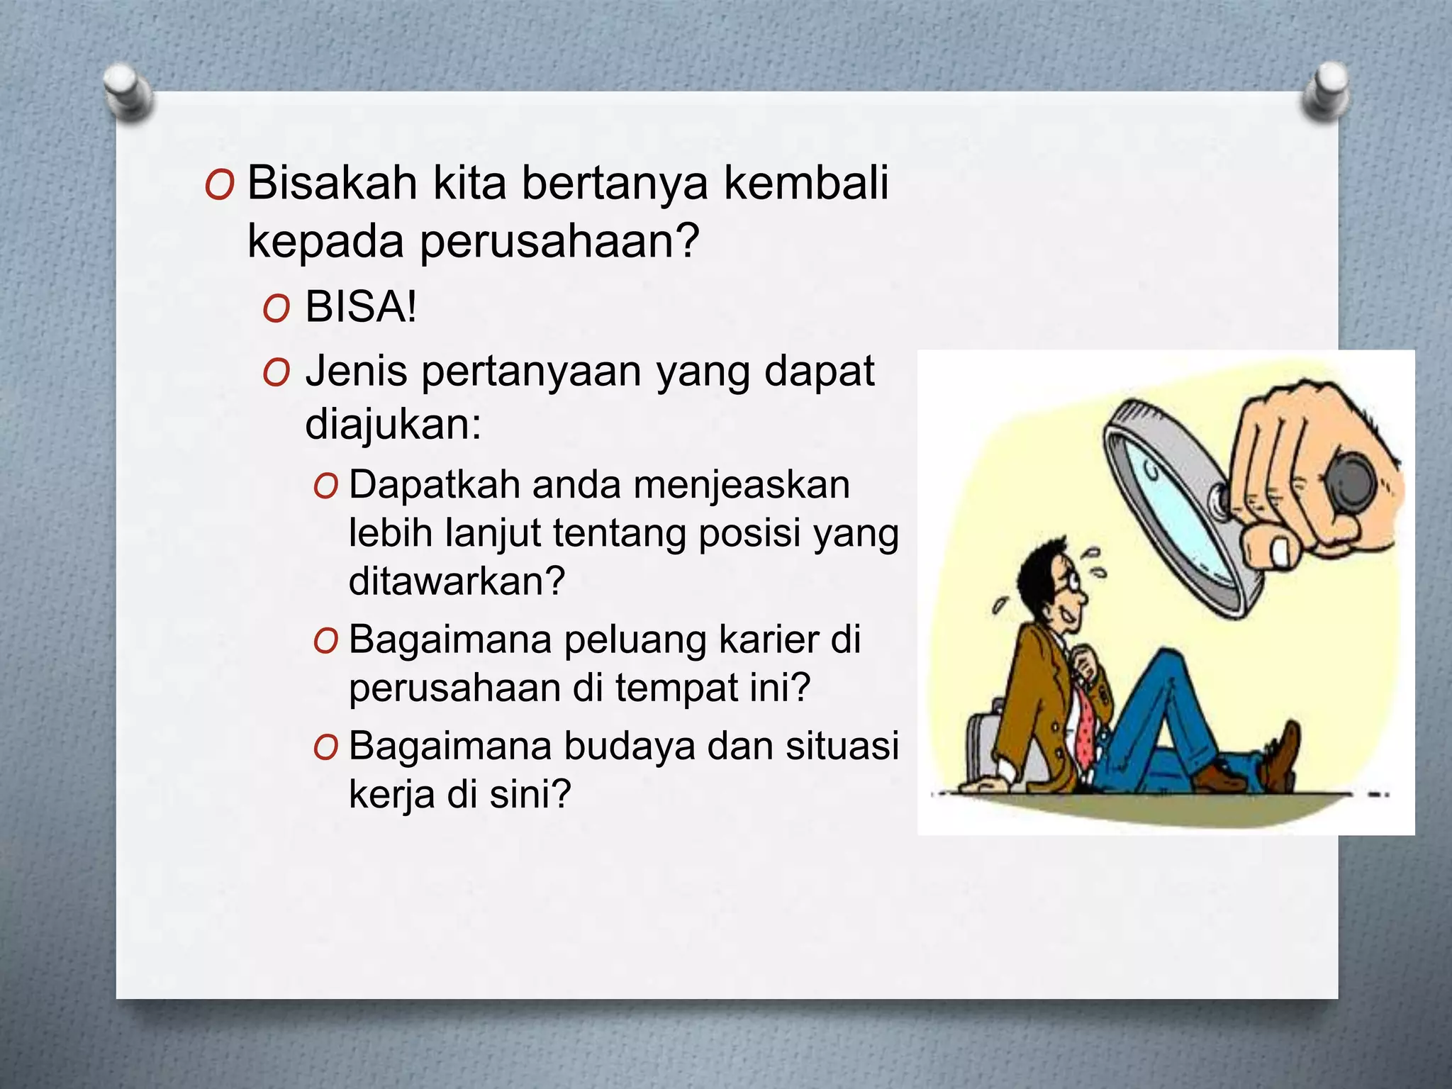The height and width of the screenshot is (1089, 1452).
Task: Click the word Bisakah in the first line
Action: coord(331,183)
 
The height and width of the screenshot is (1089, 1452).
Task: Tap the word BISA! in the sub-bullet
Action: coord(361,308)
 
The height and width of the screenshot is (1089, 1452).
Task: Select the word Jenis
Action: coord(356,372)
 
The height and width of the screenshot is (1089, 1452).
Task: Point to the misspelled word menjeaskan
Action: coord(741,486)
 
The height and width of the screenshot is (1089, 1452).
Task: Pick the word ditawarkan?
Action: coord(457,581)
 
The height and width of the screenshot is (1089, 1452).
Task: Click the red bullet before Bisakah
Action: coord(218,186)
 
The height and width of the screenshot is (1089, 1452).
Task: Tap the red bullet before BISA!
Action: coord(276,310)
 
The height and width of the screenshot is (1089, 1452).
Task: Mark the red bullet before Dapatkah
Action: coord(325,487)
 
